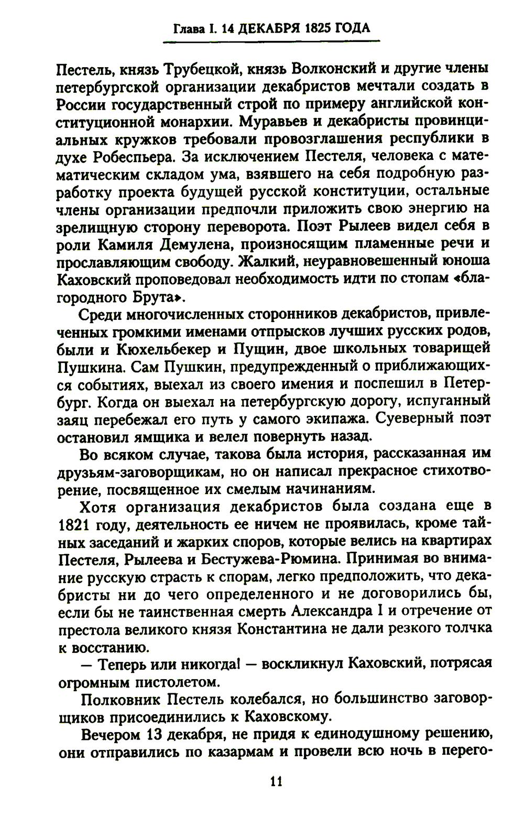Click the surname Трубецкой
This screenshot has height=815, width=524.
(203, 68)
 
